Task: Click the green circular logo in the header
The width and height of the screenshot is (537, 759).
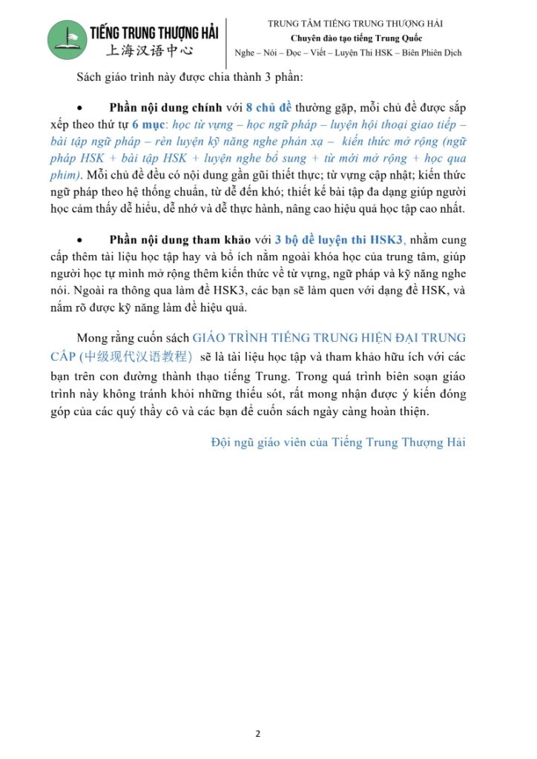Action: coord(67,39)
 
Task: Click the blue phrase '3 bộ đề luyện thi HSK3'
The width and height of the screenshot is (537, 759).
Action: coord(329,239)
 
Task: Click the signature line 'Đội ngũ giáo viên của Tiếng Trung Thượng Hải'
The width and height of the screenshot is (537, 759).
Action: coord(338,443)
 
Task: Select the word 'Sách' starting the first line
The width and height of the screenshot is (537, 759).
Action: coord(89,77)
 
